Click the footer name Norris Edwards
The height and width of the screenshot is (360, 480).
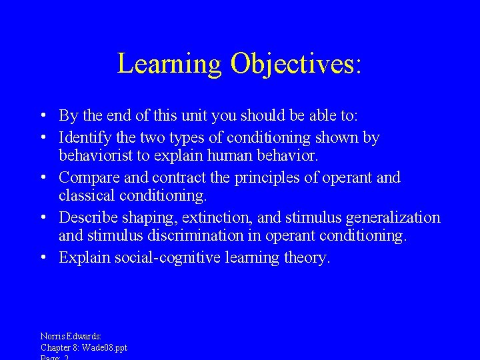pos(71,337)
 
